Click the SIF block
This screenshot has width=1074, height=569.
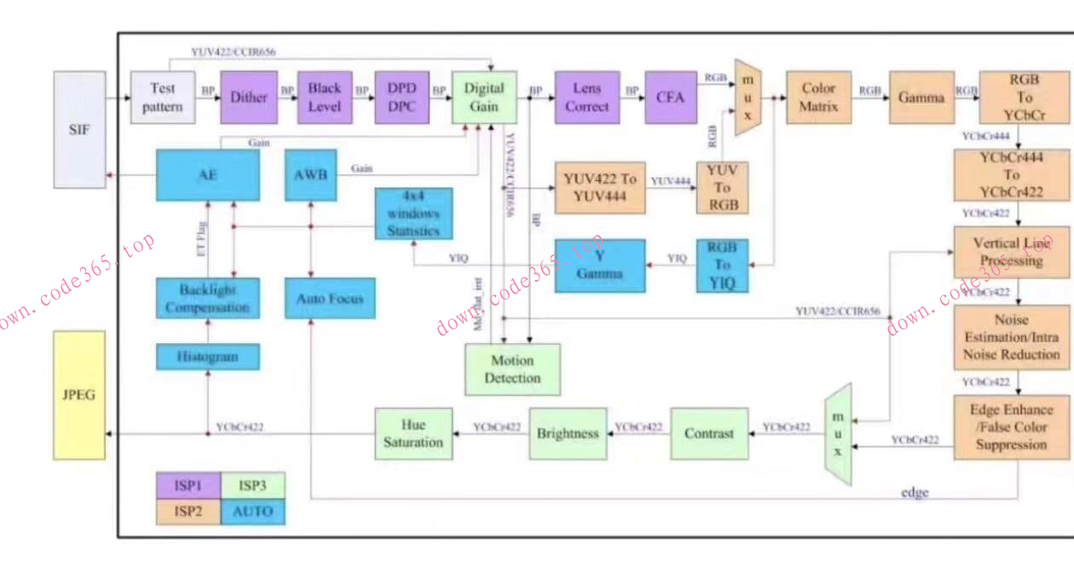tap(80, 129)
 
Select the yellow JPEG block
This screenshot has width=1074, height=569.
tap(79, 395)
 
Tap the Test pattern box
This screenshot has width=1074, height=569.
tap(162, 97)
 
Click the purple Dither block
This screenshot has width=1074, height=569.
tap(249, 97)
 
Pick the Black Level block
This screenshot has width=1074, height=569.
tap(325, 97)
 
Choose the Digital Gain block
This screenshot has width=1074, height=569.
tap(484, 97)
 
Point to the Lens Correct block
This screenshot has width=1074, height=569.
tap(586, 97)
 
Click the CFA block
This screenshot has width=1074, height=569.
tap(671, 97)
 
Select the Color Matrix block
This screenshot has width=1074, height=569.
tap(818, 97)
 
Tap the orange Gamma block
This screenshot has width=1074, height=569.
tap(921, 97)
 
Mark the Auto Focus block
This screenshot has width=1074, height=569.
tap(330, 299)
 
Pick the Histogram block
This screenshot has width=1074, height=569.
tap(208, 357)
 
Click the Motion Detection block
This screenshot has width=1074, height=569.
tap(512, 370)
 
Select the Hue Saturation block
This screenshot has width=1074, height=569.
tap(413, 434)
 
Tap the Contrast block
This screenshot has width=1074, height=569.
tap(709, 434)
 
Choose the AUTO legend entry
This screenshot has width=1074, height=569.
tap(253, 511)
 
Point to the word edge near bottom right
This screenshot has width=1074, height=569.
tap(915, 492)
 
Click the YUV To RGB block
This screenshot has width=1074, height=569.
tap(723, 187)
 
